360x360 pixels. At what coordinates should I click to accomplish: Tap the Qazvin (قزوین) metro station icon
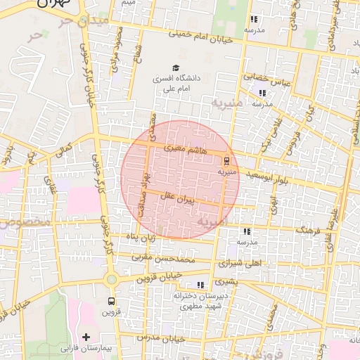pos(111,302)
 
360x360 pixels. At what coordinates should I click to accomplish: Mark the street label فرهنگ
pos(307,230)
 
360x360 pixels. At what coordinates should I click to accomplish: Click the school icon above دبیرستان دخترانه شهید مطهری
pos(200,285)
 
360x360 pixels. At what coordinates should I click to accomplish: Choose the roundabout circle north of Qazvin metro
pos(111,280)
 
